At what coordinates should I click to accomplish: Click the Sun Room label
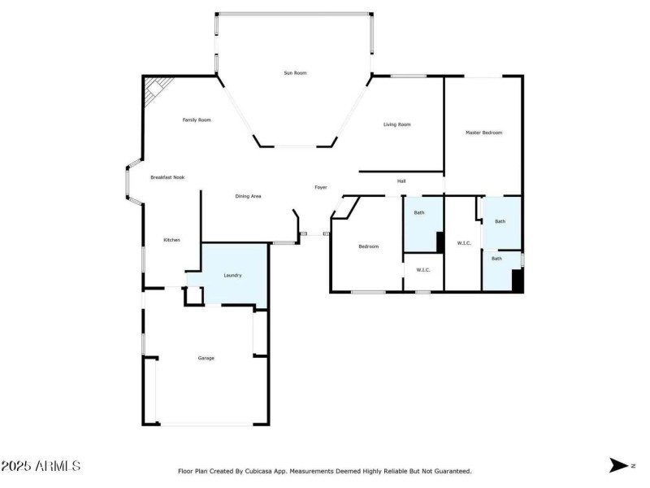[295, 73]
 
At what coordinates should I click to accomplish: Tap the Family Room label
[196, 120]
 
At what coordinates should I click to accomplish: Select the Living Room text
[396, 124]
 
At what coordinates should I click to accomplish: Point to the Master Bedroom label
[483, 133]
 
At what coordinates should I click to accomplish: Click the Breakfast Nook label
[167, 177]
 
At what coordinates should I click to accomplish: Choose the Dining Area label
[248, 196]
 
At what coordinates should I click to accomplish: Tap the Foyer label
[321, 188]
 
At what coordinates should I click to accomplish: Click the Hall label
[401, 181]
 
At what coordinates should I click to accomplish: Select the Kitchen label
[171, 240]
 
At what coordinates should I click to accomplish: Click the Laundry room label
[232, 276]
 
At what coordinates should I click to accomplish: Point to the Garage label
[206, 358]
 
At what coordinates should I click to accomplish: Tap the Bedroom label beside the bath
[369, 246]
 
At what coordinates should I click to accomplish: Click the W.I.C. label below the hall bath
[422, 270]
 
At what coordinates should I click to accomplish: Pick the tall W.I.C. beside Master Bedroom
[464, 243]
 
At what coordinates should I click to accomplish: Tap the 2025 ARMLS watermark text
[41, 466]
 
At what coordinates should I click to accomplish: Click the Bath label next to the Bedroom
[419, 213]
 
